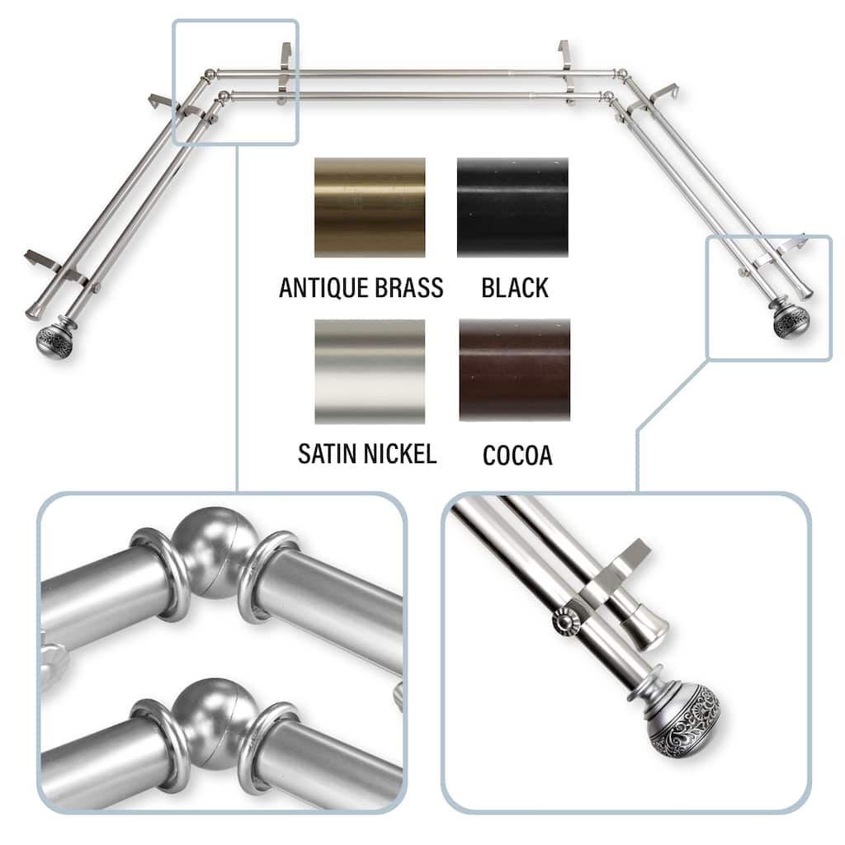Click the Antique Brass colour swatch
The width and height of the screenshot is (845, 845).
click(x=370, y=207)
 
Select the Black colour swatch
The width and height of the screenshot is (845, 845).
click(x=512, y=207)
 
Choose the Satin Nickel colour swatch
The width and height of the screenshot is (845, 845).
click(x=370, y=371)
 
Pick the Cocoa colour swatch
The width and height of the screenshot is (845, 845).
click(x=514, y=370)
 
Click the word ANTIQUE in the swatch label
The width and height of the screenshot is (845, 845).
click(x=323, y=288)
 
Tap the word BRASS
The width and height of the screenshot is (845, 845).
click(x=409, y=287)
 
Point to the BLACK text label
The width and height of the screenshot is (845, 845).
click(x=515, y=288)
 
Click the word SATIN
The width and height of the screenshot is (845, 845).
click(x=327, y=454)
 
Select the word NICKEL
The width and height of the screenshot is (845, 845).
click(x=399, y=454)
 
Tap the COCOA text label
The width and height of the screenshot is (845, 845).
click(x=517, y=456)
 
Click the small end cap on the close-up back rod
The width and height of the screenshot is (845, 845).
click(x=649, y=628)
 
